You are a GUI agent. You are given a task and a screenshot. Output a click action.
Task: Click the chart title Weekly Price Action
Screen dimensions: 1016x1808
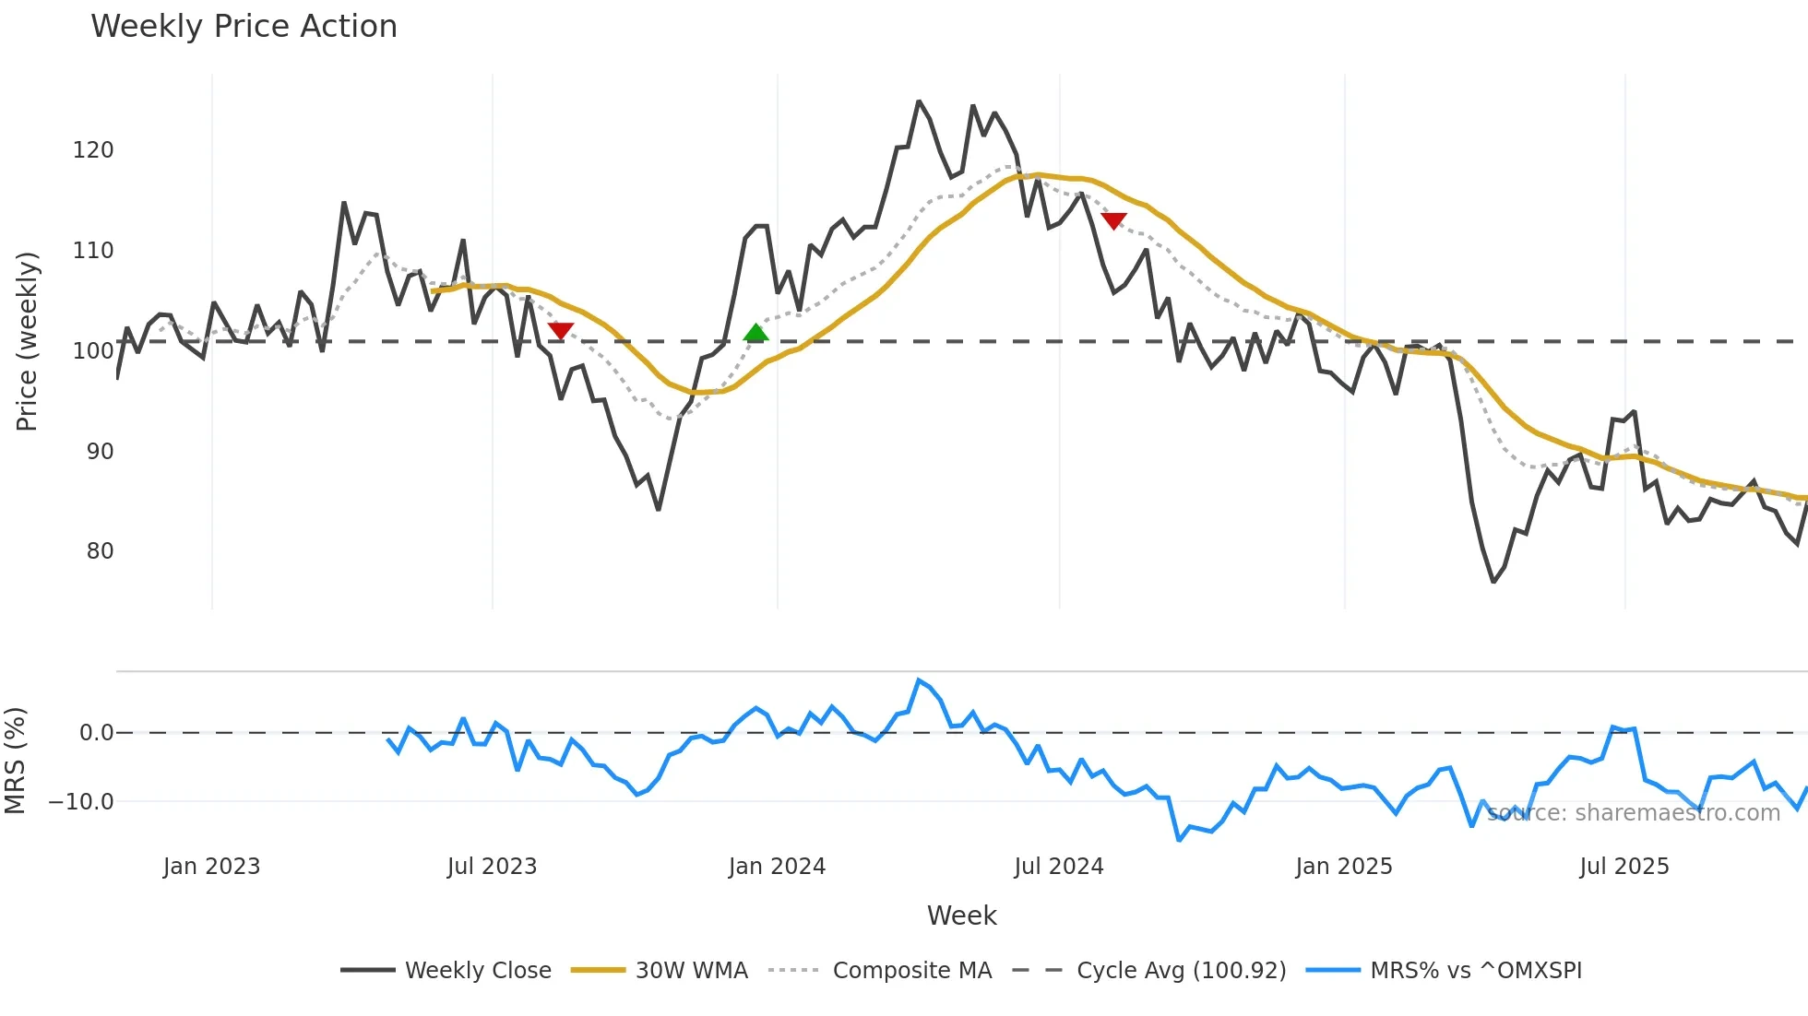[x=244, y=26]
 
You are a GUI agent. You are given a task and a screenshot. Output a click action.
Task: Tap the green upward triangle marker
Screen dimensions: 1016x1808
[x=755, y=333]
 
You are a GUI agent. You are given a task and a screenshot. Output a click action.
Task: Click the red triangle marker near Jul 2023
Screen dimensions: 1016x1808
[x=561, y=330]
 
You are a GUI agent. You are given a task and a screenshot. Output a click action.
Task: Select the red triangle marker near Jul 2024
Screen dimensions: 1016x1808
[x=1113, y=221]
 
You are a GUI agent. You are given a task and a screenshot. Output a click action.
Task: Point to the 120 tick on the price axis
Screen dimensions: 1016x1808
[x=93, y=150]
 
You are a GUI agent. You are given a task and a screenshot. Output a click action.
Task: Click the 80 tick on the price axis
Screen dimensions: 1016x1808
[x=100, y=551]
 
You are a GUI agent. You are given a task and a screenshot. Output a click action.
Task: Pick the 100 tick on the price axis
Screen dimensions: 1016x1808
[x=93, y=351]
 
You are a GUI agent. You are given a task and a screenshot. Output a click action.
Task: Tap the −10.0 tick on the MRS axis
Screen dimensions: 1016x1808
[x=81, y=802]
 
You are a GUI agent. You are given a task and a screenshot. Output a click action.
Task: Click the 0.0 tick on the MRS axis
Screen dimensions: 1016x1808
[x=96, y=733]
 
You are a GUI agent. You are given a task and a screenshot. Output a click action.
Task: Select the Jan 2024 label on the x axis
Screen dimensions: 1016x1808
[x=777, y=867]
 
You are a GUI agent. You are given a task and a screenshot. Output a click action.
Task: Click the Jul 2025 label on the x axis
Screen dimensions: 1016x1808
[x=1624, y=867]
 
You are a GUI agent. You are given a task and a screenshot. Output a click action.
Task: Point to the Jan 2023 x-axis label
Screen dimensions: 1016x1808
[x=211, y=867]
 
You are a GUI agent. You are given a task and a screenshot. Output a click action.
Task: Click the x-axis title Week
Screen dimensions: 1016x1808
[x=961, y=916]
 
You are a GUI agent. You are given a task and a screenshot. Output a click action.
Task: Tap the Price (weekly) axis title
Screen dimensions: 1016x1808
[x=27, y=341]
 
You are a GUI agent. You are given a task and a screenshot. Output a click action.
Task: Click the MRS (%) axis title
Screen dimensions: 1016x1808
[x=15, y=761]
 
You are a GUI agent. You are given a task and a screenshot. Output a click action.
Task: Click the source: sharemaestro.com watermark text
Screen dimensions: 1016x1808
[x=1633, y=813]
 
